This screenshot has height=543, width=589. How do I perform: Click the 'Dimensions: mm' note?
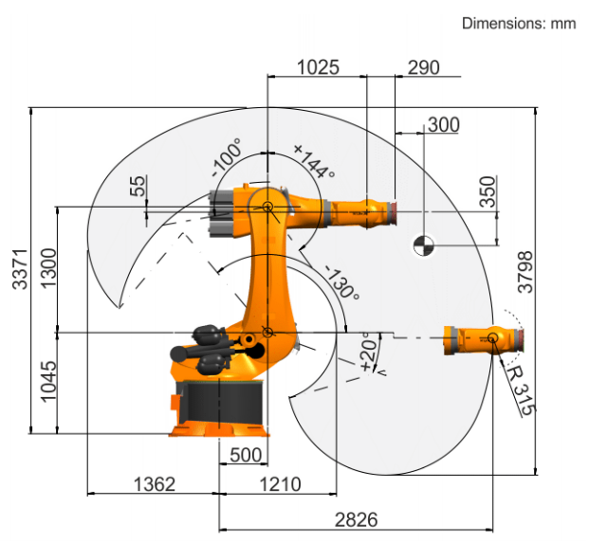[x=519, y=24]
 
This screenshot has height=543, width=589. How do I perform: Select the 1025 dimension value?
[x=318, y=68]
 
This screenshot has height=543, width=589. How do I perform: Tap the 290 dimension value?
[x=423, y=68]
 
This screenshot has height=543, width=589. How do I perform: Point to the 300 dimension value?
[x=444, y=125]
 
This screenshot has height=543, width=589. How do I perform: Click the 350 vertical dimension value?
[x=488, y=191]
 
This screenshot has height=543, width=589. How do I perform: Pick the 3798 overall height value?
[x=525, y=272]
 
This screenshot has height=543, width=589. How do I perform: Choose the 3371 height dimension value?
[x=20, y=269]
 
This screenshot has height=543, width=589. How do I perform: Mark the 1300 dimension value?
[x=48, y=268]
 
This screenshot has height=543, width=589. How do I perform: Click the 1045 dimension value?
[x=48, y=382]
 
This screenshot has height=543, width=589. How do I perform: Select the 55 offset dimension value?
[x=138, y=186]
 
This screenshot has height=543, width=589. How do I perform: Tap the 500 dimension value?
[x=246, y=455]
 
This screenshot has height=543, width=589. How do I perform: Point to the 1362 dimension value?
[x=155, y=484]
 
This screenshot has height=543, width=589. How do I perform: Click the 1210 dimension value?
[x=280, y=484]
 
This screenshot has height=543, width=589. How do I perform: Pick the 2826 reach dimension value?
[x=356, y=520]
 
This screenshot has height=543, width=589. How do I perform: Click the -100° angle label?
[x=227, y=157]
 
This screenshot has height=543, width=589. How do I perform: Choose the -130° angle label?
[x=341, y=282]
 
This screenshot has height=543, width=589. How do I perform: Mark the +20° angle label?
[x=369, y=351]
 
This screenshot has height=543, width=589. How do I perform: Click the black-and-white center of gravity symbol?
[x=424, y=246]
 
